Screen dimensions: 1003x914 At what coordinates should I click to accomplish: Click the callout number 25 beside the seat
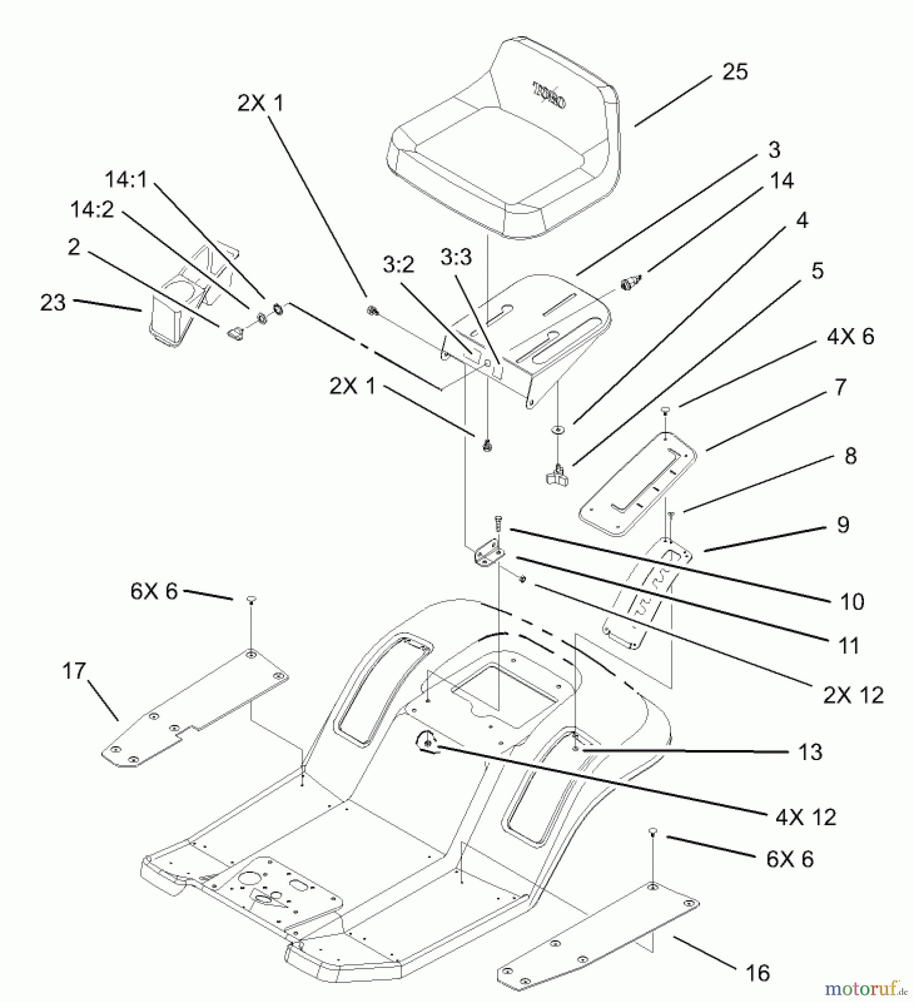click(x=735, y=72)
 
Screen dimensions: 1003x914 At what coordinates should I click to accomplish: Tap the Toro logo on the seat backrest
click(x=550, y=96)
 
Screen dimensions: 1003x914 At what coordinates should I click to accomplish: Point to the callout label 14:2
click(x=92, y=210)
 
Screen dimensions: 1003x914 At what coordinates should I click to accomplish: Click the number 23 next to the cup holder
click(x=53, y=303)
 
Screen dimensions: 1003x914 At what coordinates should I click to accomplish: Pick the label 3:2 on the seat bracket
click(x=398, y=264)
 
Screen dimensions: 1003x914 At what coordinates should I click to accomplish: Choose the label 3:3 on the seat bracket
click(x=455, y=257)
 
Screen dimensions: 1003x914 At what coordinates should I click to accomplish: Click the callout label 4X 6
click(x=850, y=337)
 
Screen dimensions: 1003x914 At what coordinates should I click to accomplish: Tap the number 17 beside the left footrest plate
click(x=74, y=671)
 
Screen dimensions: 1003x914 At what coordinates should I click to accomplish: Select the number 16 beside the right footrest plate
click(x=757, y=973)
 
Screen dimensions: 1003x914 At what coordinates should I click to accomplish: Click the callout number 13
click(x=810, y=752)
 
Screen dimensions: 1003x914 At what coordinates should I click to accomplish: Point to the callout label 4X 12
click(x=805, y=817)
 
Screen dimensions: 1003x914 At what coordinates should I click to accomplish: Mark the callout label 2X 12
click(x=853, y=695)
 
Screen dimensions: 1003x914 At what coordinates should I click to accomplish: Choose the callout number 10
click(x=852, y=601)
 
